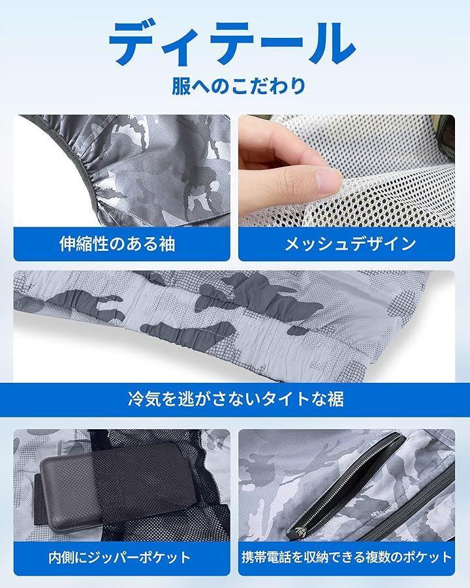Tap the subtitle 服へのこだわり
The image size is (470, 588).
239,86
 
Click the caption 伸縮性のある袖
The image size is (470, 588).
117,244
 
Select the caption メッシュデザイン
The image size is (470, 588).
350,244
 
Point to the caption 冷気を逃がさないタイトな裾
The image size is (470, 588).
236,399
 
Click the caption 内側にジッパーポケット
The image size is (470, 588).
119,557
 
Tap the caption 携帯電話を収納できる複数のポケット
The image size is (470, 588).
347,557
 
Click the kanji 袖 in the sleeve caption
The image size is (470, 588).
167,244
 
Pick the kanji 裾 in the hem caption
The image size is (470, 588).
336,399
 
